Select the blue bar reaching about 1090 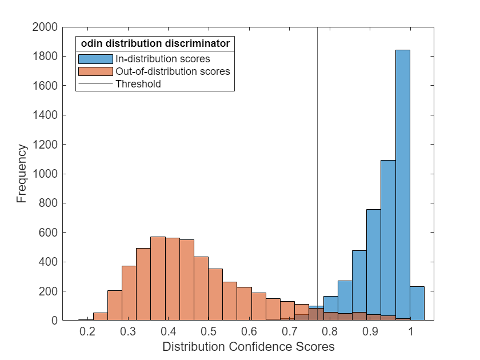pos(388,240)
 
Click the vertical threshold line pos(317,171)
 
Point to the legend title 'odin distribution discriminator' pos(155,43)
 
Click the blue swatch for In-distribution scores pos(95,59)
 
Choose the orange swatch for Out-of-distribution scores pos(95,71)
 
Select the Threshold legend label pos(138,84)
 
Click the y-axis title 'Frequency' pos(22,174)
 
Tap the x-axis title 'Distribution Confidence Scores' pos(248,347)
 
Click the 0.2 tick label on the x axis pos(87,331)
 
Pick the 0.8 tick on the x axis pos(330,331)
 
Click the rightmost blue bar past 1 pos(417,303)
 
